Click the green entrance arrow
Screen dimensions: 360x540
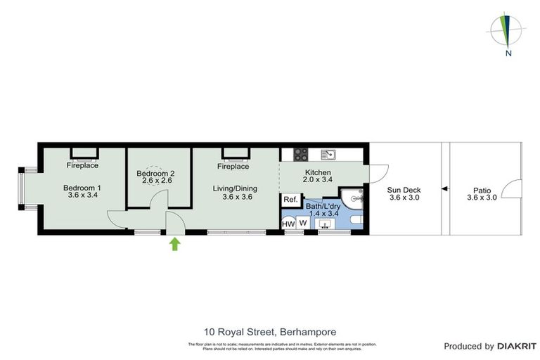(x=174, y=244)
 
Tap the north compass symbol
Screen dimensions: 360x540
(x=506, y=31)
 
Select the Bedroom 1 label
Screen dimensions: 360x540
(x=82, y=188)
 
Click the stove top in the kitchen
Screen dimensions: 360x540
(x=300, y=153)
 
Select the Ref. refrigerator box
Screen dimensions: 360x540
(x=289, y=200)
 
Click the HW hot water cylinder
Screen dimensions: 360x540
(x=288, y=223)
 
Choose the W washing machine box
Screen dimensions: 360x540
(x=303, y=223)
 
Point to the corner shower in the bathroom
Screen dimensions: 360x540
(x=351, y=197)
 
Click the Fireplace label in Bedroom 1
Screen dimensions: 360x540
(x=82, y=166)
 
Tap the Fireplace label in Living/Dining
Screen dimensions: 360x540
(x=233, y=167)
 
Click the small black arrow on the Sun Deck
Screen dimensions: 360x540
(x=444, y=188)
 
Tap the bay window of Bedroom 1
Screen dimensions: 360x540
(x=22, y=188)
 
